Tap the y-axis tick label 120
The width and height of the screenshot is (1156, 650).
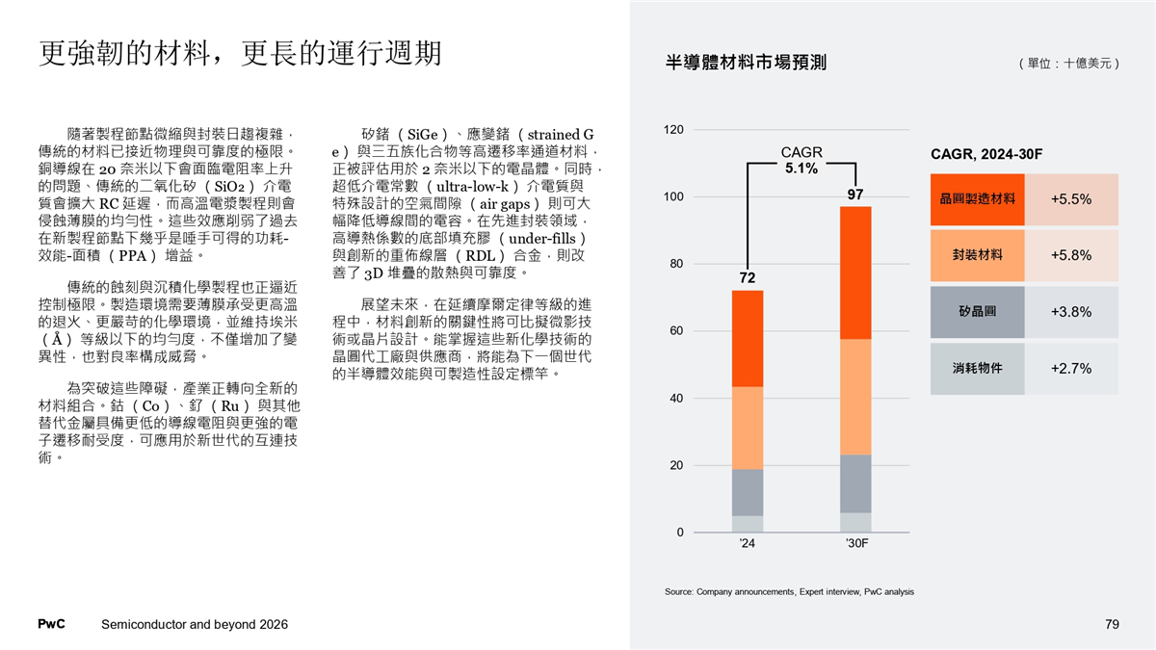pyautogui.click(x=674, y=130)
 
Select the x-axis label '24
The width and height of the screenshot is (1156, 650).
pyautogui.click(x=747, y=545)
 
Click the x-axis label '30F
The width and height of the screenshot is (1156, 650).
pyautogui.click(x=856, y=545)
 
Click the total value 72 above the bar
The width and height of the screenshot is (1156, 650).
pyautogui.click(x=747, y=278)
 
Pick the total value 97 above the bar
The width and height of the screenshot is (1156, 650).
pyautogui.click(x=855, y=195)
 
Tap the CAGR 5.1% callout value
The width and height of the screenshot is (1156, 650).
pyautogui.click(x=801, y=169)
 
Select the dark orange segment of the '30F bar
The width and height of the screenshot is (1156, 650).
pyautogui.click(x=855, y=273)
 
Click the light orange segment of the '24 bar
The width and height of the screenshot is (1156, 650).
pyautogui.click(x=748, y=428)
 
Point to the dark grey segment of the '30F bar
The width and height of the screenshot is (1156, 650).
pyautogui.click(x=855, y=483)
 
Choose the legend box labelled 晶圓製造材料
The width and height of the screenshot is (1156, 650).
pyautogui.click(x=978, y=199)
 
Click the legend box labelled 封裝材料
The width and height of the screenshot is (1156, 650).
pyautogui.click(x=978, y=255)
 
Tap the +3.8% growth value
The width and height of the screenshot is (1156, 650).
pyautogui.click(x=1070, y=312)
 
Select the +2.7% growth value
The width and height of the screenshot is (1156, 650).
pyautogui.click(x=1070, y=368)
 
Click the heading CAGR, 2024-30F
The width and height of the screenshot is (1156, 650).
pyautogui.click(x=986, y=155)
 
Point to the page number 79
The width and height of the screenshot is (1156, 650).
pyautogui.click(x=1112, y=625)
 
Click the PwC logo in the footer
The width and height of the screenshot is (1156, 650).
pyautogui.click(x=51, y=625)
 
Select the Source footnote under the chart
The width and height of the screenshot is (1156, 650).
pyautogui.click(x=789, y=591)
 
